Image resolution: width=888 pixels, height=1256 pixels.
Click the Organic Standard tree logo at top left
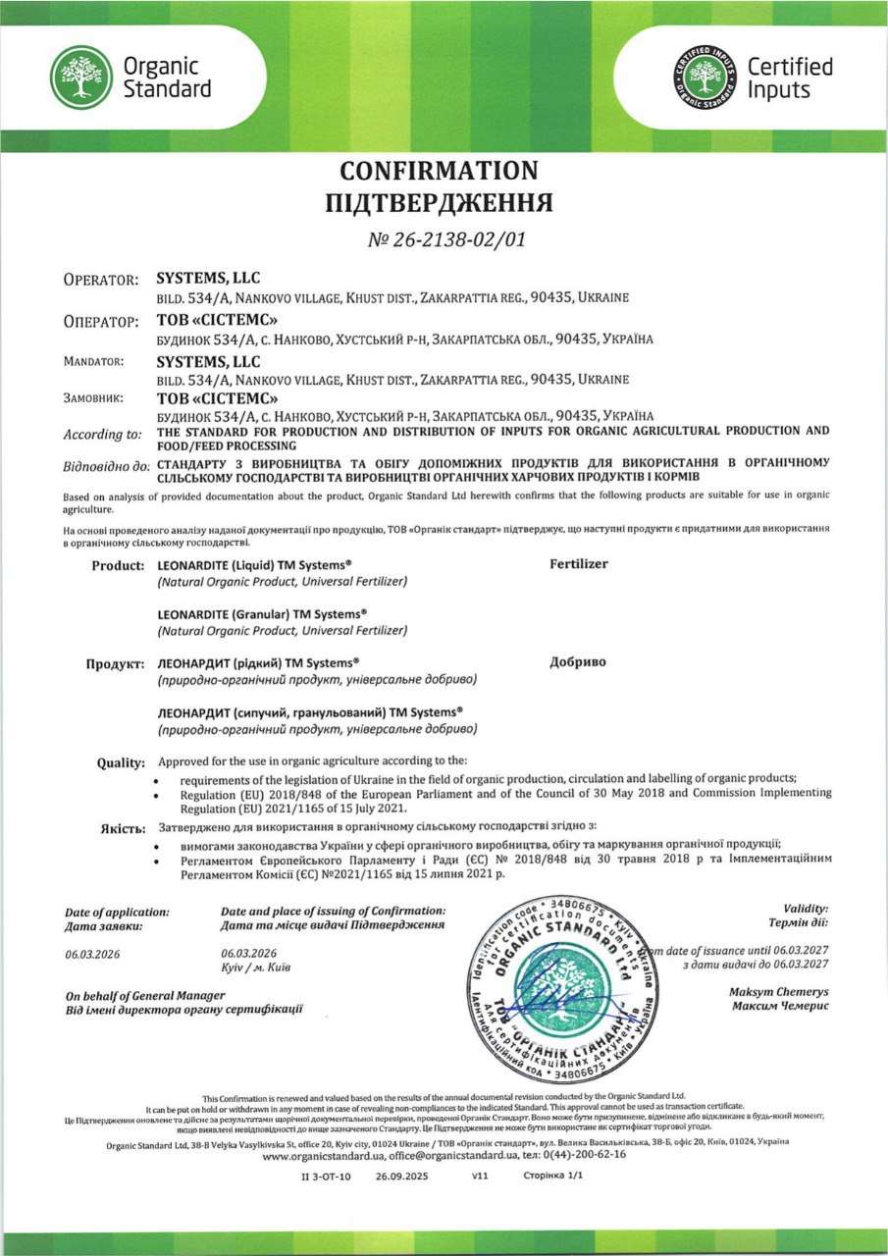81,78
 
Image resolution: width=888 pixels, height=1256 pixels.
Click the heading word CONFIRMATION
439,171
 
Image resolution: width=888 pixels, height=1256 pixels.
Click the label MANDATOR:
94,361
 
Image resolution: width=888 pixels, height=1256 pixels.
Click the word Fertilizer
579,564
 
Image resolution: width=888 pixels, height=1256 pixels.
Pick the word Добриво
578,661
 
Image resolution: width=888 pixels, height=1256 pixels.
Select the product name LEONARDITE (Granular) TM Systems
262,613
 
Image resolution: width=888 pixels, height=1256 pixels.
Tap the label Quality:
122,762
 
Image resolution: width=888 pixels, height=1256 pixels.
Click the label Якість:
125,828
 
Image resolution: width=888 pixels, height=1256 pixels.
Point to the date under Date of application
92,953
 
